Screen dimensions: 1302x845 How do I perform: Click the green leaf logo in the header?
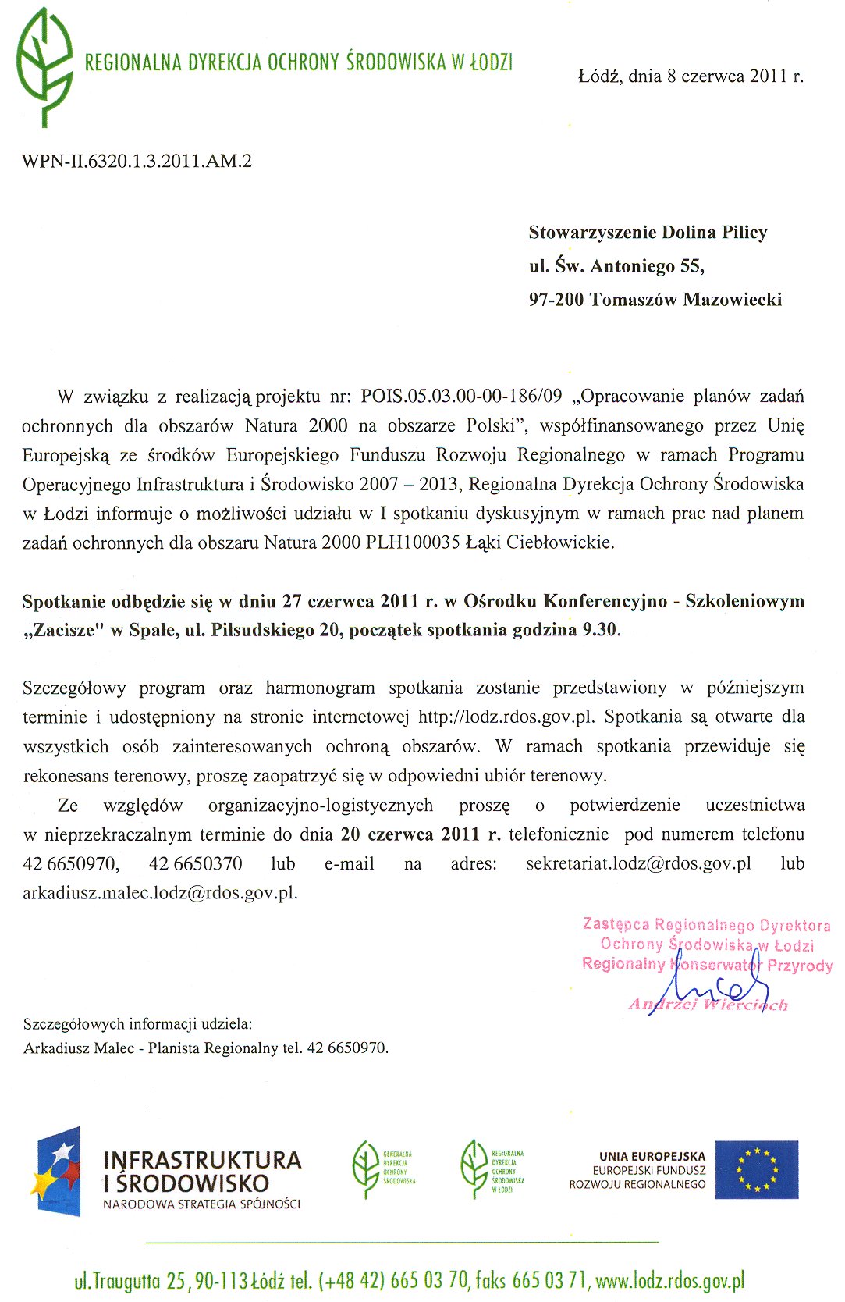[44, 66]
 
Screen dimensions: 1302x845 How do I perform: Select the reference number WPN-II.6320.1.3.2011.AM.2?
[137, 162]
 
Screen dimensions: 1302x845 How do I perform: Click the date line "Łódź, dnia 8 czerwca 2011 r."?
[691, 76]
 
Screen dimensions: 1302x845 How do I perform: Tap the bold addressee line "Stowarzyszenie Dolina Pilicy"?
[648, 233]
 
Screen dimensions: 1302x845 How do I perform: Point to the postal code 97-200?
[556, 300]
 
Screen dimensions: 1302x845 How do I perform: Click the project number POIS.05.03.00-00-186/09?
[461, 397]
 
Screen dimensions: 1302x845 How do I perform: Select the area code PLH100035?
[413, 542]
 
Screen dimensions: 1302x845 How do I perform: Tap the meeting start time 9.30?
[599, 631]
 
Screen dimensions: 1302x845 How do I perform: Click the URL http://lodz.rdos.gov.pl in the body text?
[506, 717]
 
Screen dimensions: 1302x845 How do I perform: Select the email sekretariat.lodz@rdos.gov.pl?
[638, 864]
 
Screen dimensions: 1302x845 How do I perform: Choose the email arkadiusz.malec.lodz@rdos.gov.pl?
[159, 893]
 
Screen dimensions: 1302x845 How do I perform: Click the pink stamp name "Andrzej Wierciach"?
[708, 1005]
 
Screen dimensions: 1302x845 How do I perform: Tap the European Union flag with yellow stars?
[756, 1169]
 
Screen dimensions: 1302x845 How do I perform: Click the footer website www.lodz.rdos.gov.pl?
[669, 1281]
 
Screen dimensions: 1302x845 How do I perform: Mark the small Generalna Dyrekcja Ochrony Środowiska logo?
[382, 1169]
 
